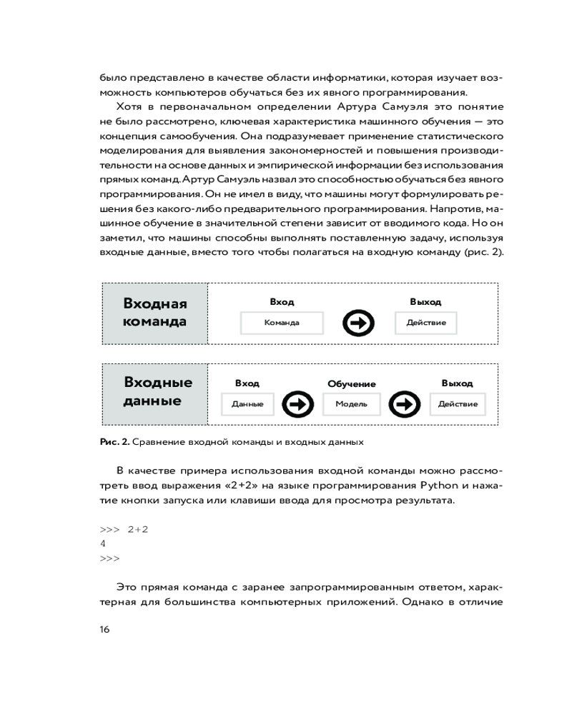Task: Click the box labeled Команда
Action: (282, 323)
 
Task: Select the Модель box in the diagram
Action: (351, 404)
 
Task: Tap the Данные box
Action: (247, 404)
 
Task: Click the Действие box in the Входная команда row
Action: (425, 323)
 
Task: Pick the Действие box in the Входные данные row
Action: (458, 404)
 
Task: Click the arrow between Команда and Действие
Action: (359, 323)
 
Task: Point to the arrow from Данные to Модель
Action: (297, 404)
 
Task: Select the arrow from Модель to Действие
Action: (405, 404)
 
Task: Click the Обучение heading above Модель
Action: (351, 384)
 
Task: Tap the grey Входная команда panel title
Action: (155, 313)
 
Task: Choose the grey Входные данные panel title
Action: (155, 392)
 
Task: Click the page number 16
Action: (104, 629)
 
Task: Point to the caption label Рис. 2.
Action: (114, 442)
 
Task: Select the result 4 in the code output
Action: (104, 543)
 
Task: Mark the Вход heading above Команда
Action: (282, 302)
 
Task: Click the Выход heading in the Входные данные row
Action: (458, 383)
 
